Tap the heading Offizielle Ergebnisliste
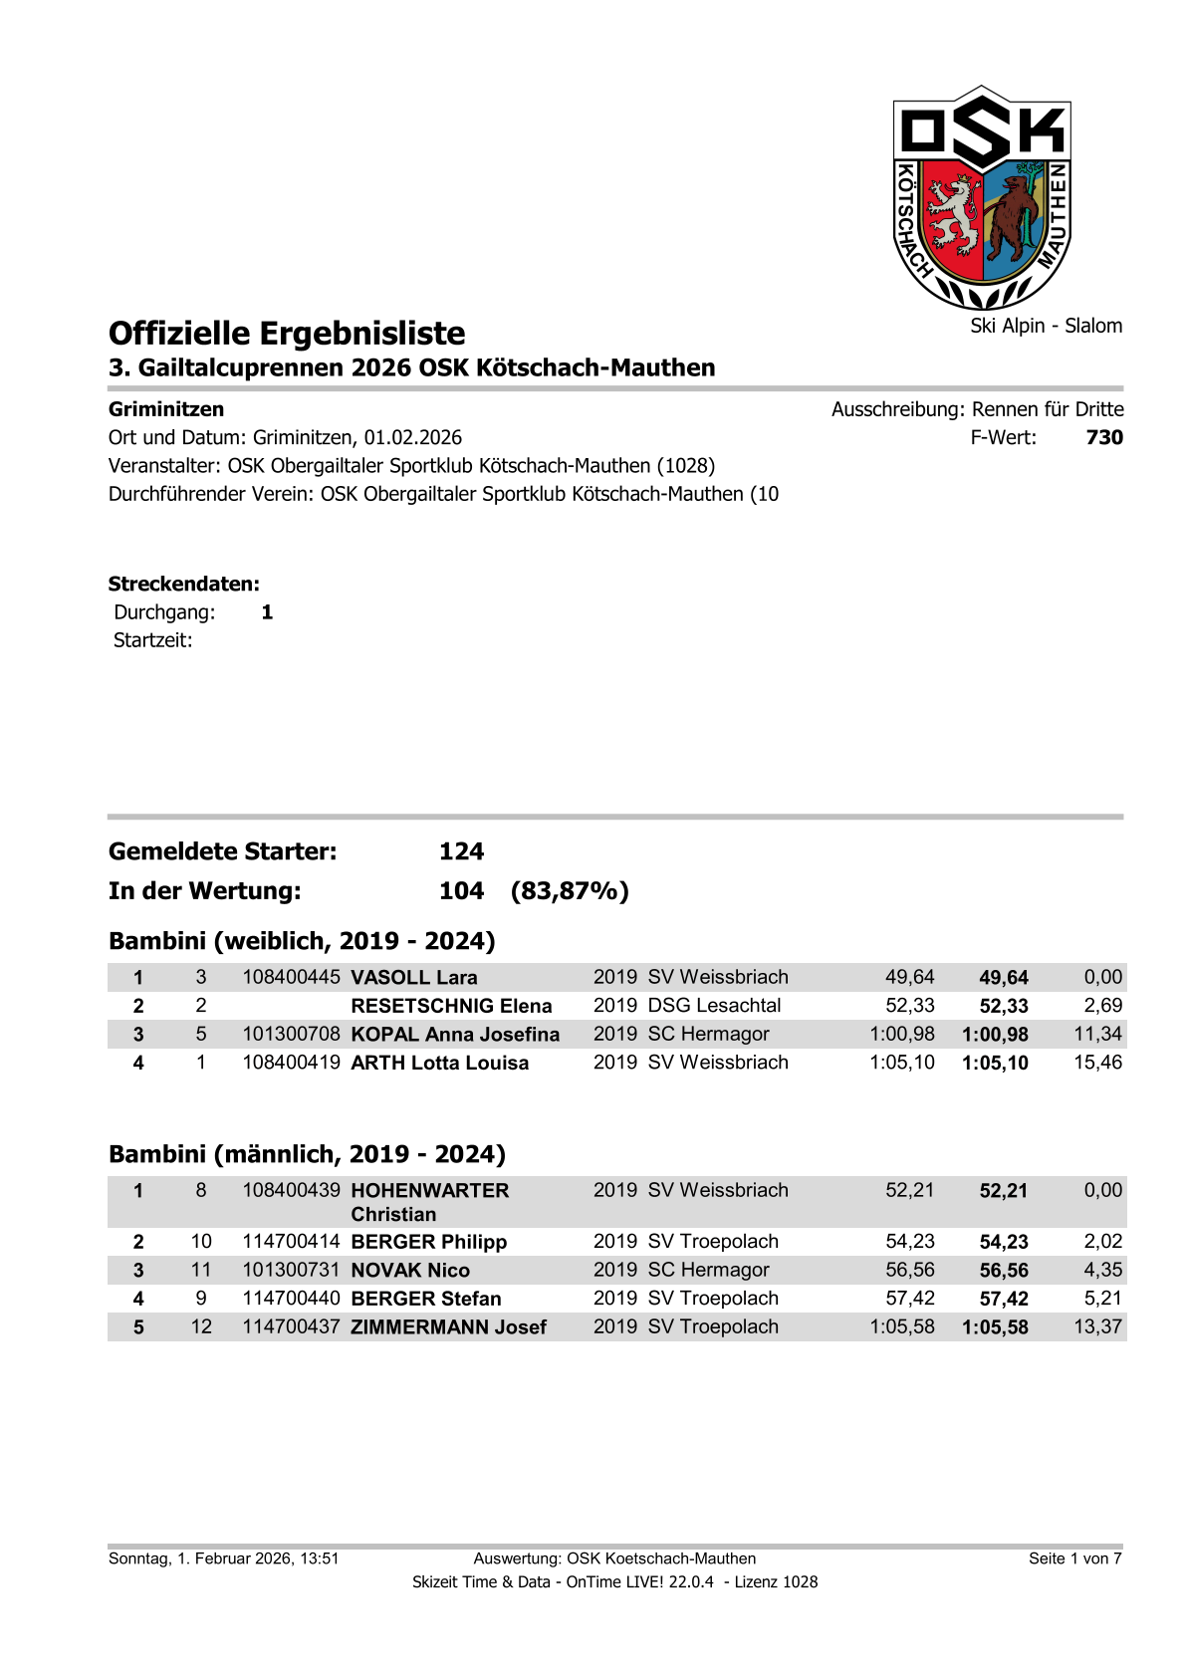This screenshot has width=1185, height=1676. click(x=287, y=334)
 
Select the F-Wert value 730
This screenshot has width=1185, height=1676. click(x=1104, y=438)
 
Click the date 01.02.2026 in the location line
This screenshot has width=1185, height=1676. click(x=412, y=438)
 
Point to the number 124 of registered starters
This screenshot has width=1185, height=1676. click(x=461, y=852)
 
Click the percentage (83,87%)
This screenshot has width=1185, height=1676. click(x=570, y=891)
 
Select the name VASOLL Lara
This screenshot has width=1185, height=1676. click(x=414, y=978)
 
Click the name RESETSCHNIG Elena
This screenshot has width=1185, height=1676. click(x=451, y=1007)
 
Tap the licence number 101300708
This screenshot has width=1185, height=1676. click(x=291, y=1035)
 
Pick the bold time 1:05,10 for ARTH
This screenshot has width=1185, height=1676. click(x=995, y=1064)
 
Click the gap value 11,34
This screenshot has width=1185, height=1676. click(x=1097, y=1035)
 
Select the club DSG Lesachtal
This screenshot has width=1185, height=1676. click(x=714, y=1007)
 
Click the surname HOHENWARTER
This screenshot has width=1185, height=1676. click(x=430, y=1191)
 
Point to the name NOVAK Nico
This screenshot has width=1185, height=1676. click(x=410, y=1271)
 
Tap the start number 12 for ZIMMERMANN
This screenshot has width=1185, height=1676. click(x=201, y=1327)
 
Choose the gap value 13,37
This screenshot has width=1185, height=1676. click(x=1097, y=1327)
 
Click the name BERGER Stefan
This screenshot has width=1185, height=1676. click(x=426, y=1300)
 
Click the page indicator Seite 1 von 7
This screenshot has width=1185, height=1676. click(x=1074, y=1559)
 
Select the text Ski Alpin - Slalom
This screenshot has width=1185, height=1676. click(x=1046, y=327)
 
